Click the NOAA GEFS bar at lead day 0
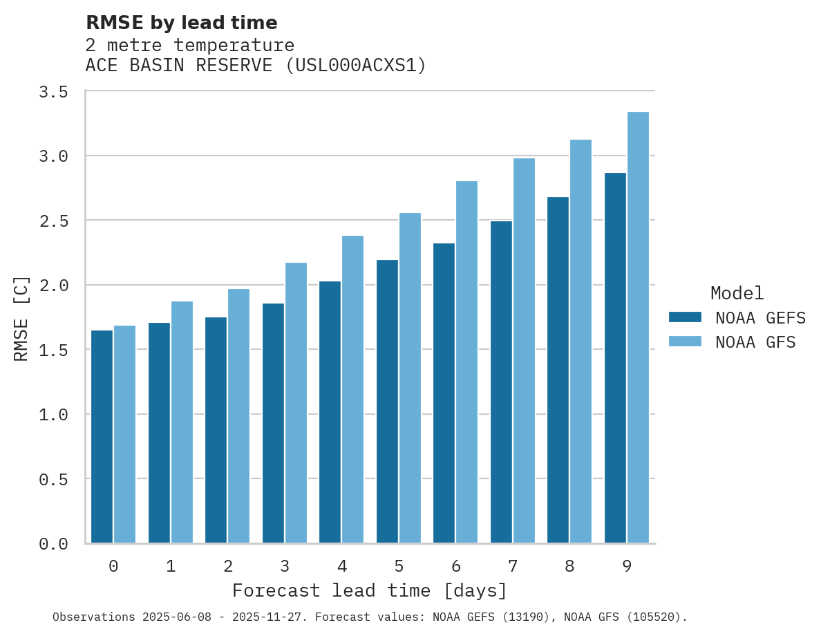pos(102,437)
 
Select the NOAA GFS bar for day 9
pos(638,328)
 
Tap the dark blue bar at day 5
pos(387,402)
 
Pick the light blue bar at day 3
pos(296,403)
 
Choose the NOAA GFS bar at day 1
pos(182,422)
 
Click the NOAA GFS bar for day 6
pos(466,362)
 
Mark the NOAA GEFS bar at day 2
pos(216,430)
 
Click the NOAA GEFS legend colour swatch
pos(685,317)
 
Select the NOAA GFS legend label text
pos(755,342)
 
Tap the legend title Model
pos(737,294)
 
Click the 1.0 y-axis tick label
pos(53,415)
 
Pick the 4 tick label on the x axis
pos(342,567)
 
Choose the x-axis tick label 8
pos(569,567)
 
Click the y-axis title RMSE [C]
pos(22,318)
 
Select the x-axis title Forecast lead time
pos(370,591)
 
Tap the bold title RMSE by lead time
pos(181,23)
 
